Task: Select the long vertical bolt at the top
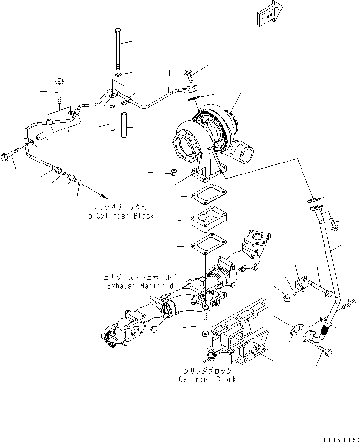point(117,48)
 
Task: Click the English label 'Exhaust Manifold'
point(140,286)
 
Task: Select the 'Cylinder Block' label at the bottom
point(207,379)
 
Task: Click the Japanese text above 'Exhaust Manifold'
point(140,277)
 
